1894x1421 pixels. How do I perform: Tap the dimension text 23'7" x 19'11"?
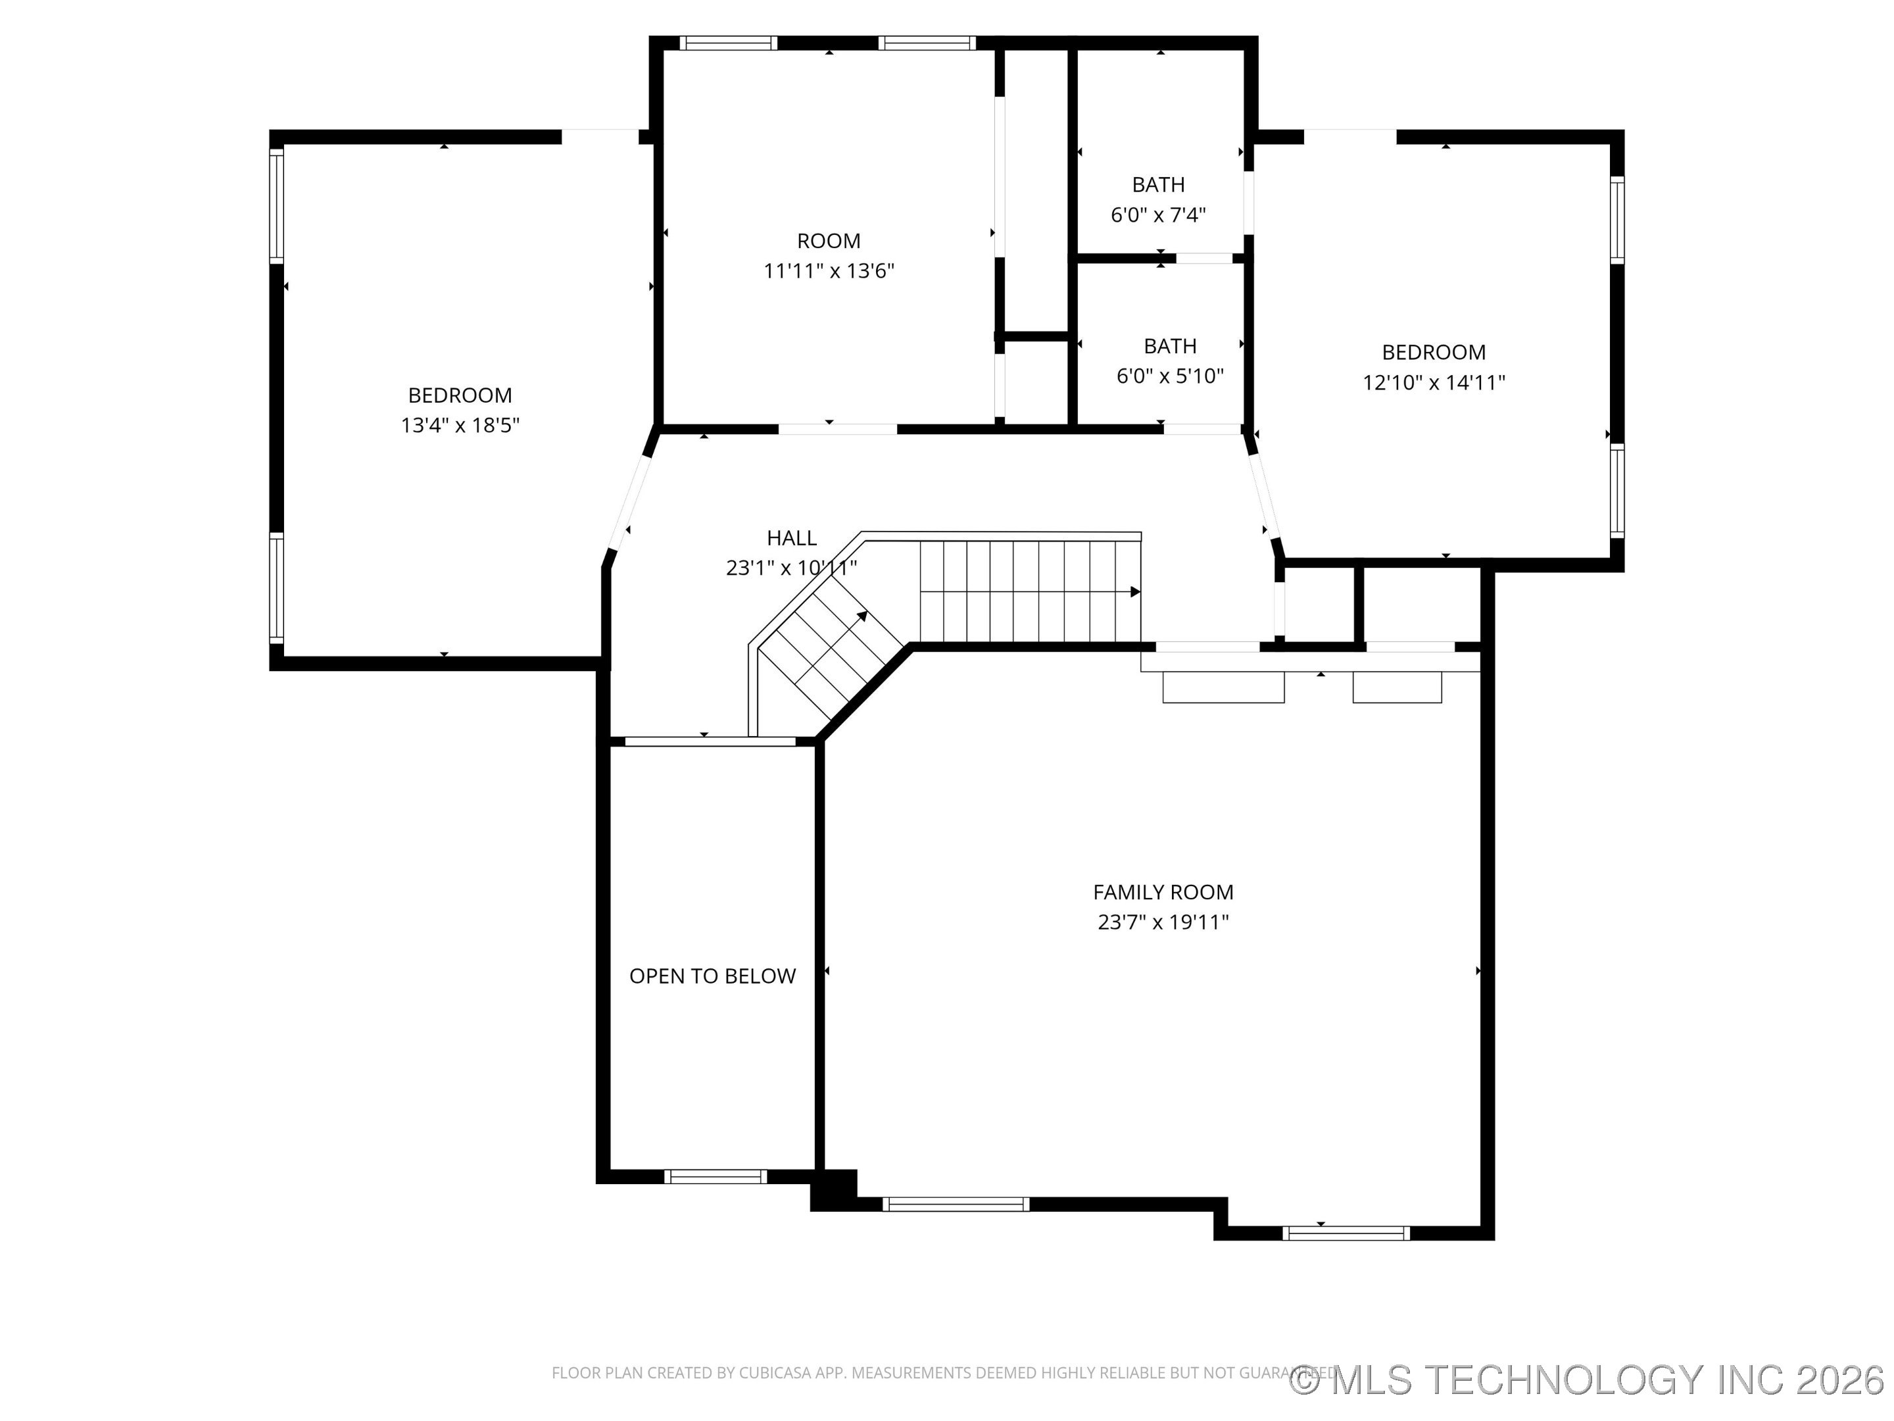pos(1163,922)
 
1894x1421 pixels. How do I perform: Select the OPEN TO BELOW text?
pos(712,976)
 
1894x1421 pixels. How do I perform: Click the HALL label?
pos(791,538)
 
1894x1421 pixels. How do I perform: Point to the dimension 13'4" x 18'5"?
pos(460,425)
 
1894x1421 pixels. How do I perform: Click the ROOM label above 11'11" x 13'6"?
pos(828,241)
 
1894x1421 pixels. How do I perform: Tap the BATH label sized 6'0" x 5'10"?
pos(1170,346)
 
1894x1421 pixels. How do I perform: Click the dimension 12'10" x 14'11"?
pos(1434,382)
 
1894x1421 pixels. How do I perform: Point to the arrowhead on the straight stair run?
pos(1134,592)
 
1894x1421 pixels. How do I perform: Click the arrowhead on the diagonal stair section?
pos(862,616)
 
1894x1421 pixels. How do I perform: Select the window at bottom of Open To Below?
pos(715,1176)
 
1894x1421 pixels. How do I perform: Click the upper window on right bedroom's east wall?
pos(1616,219)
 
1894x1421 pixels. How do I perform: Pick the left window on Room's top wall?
pos(728,43)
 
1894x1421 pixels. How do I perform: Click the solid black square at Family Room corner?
pos(833,1189)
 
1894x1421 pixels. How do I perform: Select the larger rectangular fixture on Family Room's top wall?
pos(1223,687)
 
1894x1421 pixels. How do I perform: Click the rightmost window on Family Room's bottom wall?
pos(1345,1233)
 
